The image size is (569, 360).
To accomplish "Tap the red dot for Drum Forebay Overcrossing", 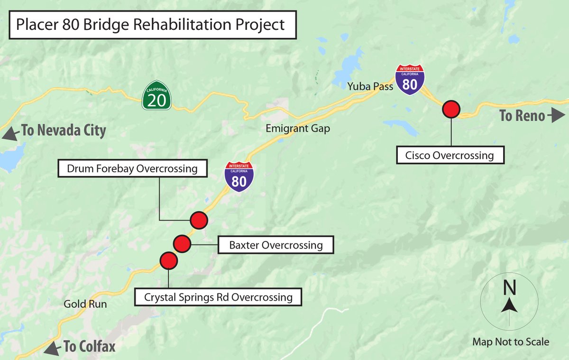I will pyautogui.click(x=199, y=220).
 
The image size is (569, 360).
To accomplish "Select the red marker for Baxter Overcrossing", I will pyautogui.click(x=182, y=244).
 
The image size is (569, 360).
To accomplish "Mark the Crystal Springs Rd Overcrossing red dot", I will pyautogui.click(x=168, y=260).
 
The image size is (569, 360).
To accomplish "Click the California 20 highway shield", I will pyautogui.click(x=157, y=97).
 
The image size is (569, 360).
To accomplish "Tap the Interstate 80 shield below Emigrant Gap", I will pyautogui.click(x=239, y=177).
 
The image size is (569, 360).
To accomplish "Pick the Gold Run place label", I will pyautogui.click(x=85, y=304).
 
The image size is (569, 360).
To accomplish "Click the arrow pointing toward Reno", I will pyautogui.click(x=557, y=115).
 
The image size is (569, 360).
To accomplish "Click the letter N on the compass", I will pyautogui.click(x=509, y=287).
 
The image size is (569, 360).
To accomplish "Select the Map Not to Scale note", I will pyautogui.click(x=511, y=342).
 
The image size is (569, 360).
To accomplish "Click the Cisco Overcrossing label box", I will pyautogui.click(x=450, y=155).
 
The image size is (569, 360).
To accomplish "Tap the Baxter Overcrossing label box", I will pyautogui.click(x=275, y=245).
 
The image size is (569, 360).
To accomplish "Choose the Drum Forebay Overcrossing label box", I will pyautogui.click(x=132, y=168).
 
